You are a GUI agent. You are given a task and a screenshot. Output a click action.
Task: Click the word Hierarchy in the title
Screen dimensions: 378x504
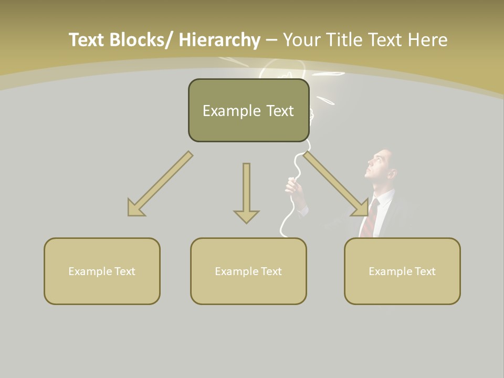[219, 40]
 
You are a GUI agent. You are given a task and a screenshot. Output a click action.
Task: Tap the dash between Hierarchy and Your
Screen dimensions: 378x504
[271, 40]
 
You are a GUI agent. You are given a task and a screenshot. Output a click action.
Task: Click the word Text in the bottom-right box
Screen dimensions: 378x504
[424, 271]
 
